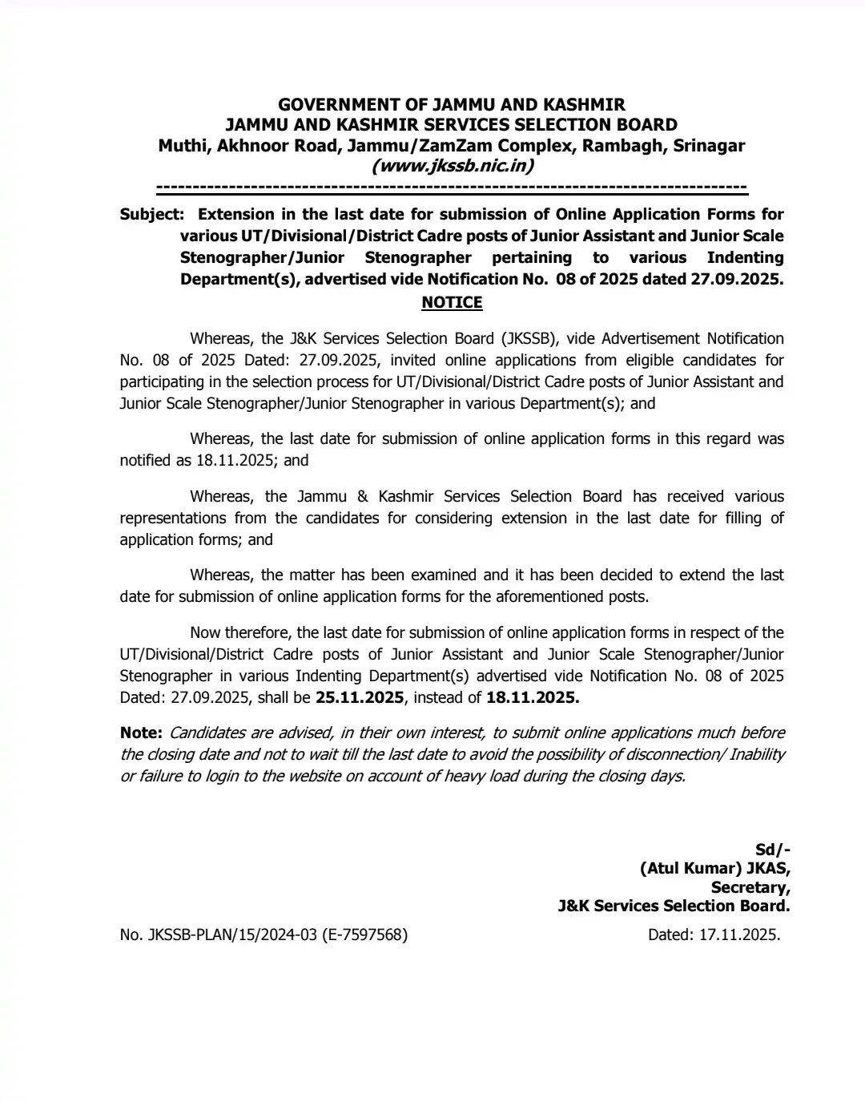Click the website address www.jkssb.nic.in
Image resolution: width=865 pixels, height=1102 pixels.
click(x=452, y=166)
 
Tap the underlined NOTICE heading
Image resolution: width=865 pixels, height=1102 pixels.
click(x=452, y=302)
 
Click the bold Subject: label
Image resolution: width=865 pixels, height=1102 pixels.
click(x=151, y=214)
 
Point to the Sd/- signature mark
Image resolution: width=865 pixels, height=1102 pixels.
click(x=772, y=850)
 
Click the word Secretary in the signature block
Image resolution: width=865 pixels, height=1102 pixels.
click(x=750, y=887)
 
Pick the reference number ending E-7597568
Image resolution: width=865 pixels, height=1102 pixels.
click(x=264, y=934)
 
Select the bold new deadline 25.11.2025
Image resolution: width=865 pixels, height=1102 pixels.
click(x=360, y=697)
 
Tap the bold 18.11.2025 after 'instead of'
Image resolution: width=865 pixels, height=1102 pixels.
click(x=533, y=697)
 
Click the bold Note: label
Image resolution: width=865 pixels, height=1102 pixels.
click(x=141, y=733)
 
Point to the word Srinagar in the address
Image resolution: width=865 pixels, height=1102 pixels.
click(x=709, y=146)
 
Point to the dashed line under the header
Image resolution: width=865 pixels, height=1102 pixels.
click(x=452, y=188)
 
